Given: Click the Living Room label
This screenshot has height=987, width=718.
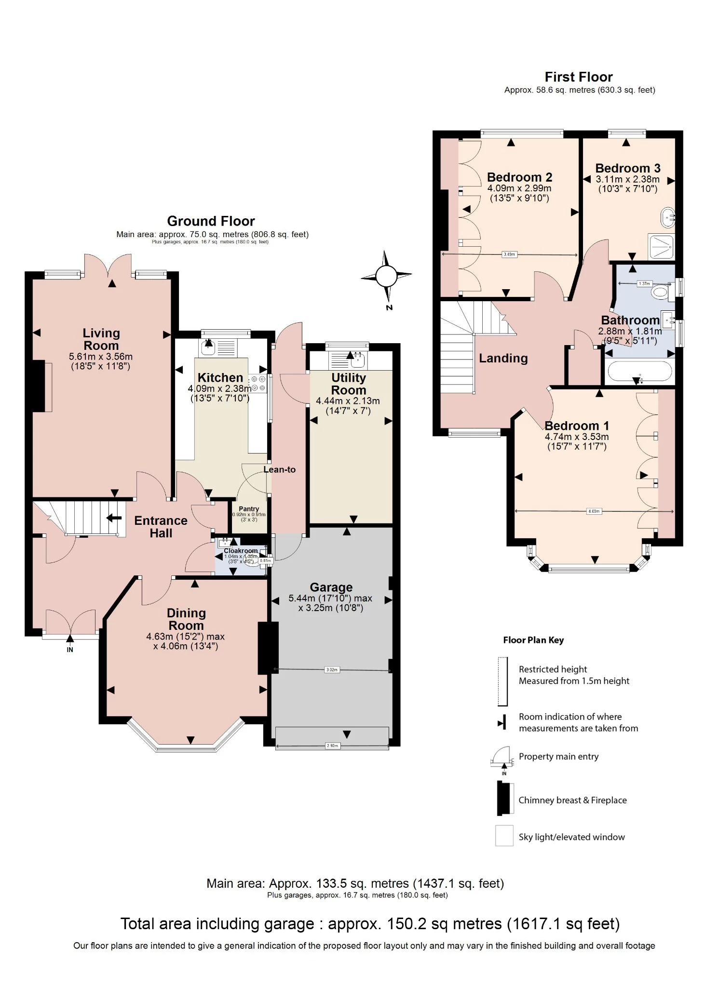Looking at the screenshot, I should [101, 339].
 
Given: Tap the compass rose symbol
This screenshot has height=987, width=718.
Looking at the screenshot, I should [386, 277].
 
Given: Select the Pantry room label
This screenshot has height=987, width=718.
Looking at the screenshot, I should [249, 509].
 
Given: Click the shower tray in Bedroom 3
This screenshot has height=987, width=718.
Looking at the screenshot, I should [661, 247].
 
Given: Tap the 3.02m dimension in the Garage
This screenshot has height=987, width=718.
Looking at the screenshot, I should [332, 669].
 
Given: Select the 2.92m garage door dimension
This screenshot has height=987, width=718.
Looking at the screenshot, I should [332, 746].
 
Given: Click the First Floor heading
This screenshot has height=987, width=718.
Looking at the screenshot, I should [579, 77].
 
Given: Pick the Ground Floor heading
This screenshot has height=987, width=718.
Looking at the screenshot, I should [211, 221].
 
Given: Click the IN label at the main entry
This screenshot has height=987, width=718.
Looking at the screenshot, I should [70, 650].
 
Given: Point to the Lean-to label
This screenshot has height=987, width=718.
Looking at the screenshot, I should [279, 469].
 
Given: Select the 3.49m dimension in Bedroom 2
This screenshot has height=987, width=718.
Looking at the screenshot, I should [509, 254].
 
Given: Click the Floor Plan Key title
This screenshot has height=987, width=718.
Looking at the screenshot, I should [533, 640].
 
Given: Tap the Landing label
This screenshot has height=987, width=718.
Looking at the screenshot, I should [503, 358].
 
